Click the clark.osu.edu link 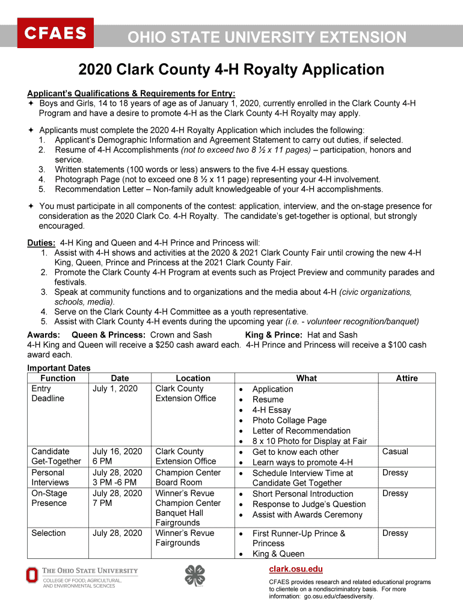(x=295, y=569)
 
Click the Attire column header (x=406, y=378)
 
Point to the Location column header (x=193, y=378)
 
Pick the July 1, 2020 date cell (x=115, y=389)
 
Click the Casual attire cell (x=395, y=451)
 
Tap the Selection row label (x=49, y=533)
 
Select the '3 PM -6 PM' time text (x=114, y=482)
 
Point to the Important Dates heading (x=59, y=368)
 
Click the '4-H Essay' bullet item (x=271, y=410)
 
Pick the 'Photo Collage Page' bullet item (x=289, y=420)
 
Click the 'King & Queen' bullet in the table (x=278, y=554)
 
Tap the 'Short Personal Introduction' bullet (x=302, y=494)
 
